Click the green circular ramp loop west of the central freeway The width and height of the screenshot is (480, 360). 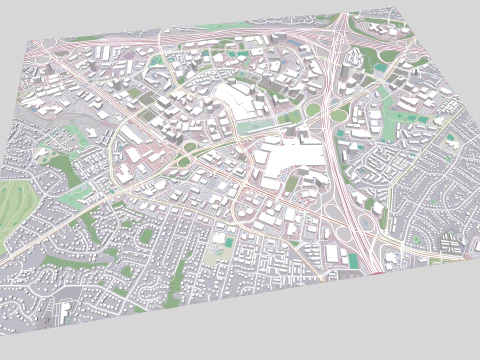(313, 109)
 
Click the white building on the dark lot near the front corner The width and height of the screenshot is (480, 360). (64, 314)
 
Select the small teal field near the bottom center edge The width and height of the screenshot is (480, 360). (230, 241)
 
